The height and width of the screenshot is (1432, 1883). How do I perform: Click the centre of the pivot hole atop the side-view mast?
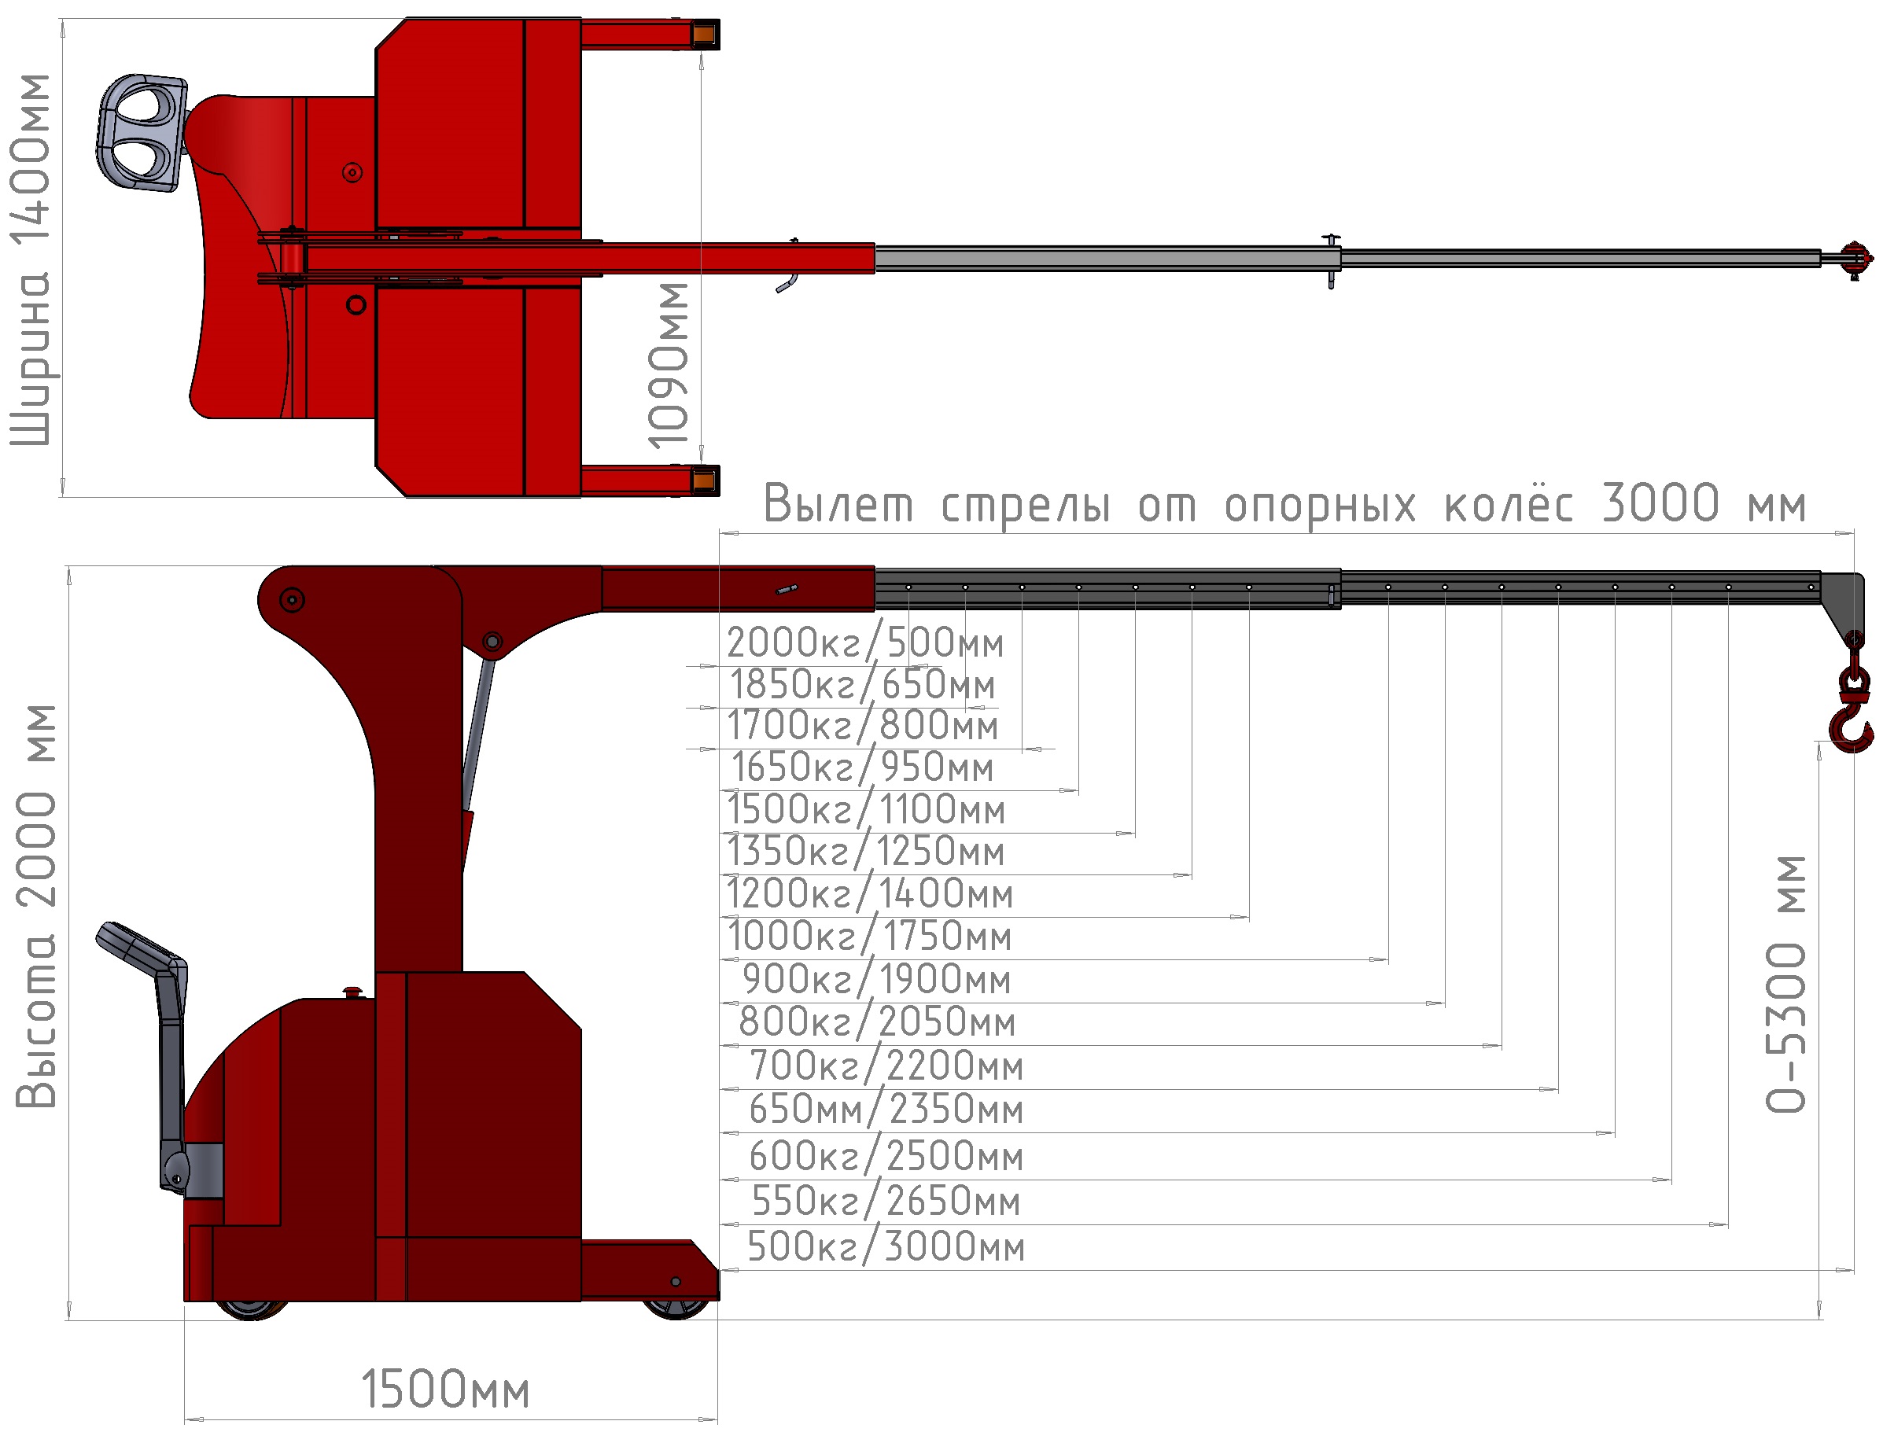pyautogui.click(x=292, y=600)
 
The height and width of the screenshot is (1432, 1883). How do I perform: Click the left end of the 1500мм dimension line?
pyautogui.click(x=185, y=1419)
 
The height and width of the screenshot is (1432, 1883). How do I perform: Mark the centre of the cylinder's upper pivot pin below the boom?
pyautogui.click(x=492, y=642)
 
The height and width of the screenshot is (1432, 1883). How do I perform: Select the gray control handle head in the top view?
pyautogui.click(x=142, y=133)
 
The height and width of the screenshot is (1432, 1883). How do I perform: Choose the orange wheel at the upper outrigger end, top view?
pyautogui.click(x=704, y=34)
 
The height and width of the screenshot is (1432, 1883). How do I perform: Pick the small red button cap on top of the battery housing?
pyautogui.click(x=353, y=991)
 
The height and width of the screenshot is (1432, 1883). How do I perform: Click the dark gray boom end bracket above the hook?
pyautogui.click(x=1841, y=605)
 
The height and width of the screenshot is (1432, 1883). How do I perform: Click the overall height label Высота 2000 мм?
pyautogui.click(x=36, y=906)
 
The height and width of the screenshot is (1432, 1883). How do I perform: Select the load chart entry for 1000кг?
pyautogui.click(x=869, y=936)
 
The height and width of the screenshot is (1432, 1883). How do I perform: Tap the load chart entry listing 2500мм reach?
pyautogui.click(x=886, y=1156)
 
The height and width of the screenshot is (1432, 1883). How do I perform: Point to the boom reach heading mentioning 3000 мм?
pyautogui.click(x=1284, y=504)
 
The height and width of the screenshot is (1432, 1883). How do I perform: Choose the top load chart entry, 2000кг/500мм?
pyautogui.click(x=864, y=642)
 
